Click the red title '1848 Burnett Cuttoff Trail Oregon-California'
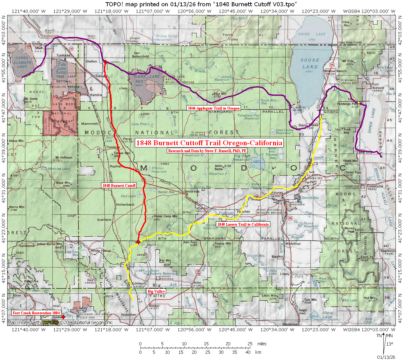click(209, 143)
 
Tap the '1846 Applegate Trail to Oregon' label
click(214, 108)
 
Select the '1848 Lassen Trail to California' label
click(243, 224)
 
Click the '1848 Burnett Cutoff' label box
click(119, 185)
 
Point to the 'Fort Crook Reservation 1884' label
click(36, 313)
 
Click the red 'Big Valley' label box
click(156, 291)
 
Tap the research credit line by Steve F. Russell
click(207, 151)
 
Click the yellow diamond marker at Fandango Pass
click(359, 103)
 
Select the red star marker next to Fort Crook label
click(63, 317)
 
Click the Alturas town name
click(277, 193)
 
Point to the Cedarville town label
click(375, 186)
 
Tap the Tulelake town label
click(64, 55)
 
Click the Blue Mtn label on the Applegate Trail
click(220, 94)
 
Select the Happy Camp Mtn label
click(166, 216)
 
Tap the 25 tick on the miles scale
click(250, 344)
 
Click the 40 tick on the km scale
click(248, 352)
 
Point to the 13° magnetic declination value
click(390, 344)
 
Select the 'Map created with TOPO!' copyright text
click(60, 322)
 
